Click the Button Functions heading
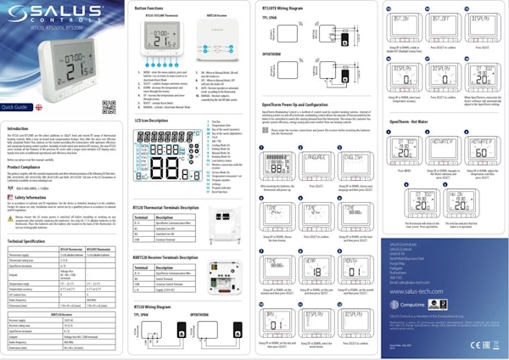[154, 7]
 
